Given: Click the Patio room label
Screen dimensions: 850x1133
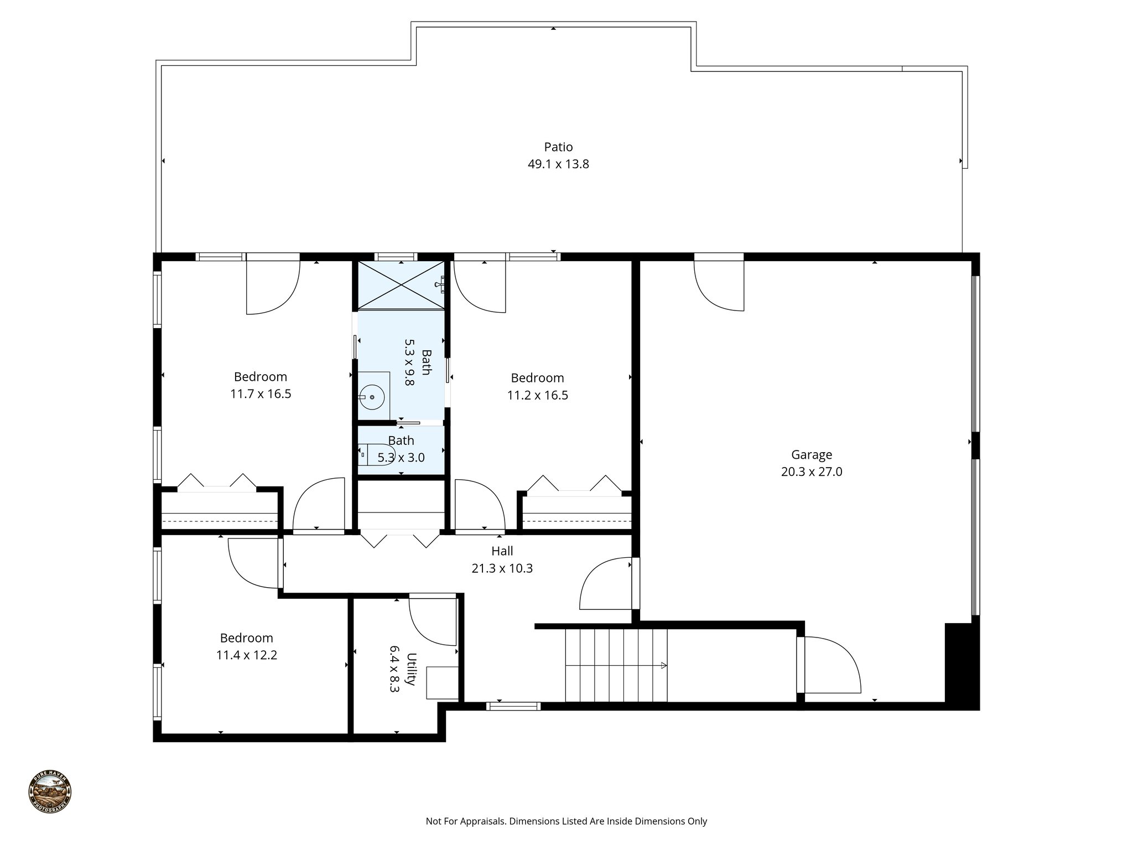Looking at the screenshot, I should click(x=558, y=147).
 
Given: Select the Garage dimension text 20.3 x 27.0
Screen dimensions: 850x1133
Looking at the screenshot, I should click(x=812, y=472).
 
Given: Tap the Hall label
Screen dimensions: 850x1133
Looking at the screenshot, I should click(x=502, y=551).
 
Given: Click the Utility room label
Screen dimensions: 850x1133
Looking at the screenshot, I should click(x=411, y=669).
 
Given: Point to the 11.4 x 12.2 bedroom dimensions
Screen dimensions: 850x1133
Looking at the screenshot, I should click(x=246, y=655).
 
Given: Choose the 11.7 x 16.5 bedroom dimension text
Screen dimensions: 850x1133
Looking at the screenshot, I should click(x=261, y=394).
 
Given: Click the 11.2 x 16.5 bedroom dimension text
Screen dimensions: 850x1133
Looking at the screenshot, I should click(x=537, y=395).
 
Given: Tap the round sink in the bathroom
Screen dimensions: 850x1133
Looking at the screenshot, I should click(x=372, y=397).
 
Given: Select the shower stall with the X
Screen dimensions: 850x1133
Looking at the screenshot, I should click(x=401, y=285).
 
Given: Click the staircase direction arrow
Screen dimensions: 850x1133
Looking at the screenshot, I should click(x=663, y=666).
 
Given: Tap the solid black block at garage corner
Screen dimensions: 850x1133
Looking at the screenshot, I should click(x=962, y=664).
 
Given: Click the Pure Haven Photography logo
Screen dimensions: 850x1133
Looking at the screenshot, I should click(x=50, y=792).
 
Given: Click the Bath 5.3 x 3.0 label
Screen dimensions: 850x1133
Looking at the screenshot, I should click(x=401, y=449).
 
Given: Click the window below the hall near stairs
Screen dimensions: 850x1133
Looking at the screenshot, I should click(x=513, y=706).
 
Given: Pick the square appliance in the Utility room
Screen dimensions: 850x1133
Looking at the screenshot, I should click(x=442, y=683).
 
